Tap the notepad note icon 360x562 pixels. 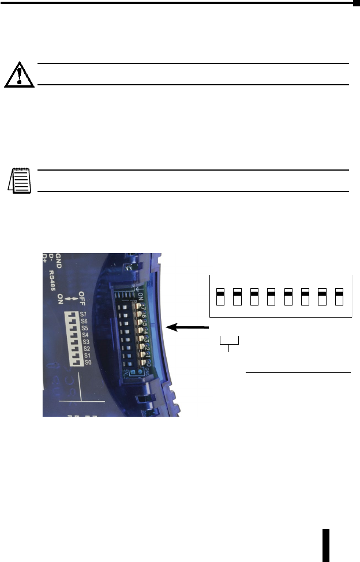coord(20,180)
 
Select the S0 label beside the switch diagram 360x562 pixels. coord(87,362)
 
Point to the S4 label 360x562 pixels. coord(85,334)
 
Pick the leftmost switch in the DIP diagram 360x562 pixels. coord(220,297)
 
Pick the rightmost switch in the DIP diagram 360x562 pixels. coord(340,297)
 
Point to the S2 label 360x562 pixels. coord(87,348)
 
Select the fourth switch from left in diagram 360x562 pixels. coord(271,297)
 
